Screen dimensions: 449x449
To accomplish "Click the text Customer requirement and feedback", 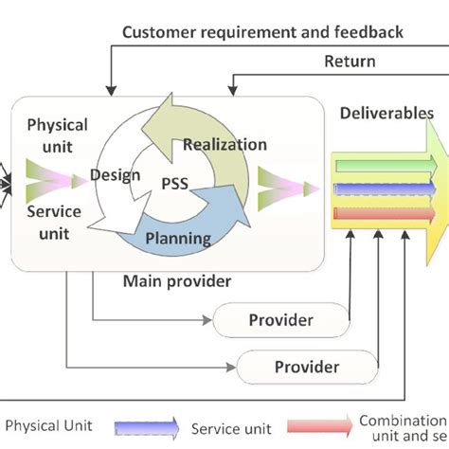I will click(x=263, y=32).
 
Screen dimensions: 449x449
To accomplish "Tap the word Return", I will click(x=350, y=62).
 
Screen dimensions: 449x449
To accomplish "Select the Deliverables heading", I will click(x=386, y=113).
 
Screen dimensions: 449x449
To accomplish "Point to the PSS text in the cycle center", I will click(x=171, y=185).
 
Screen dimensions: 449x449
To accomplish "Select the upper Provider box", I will click(x=280, y=319).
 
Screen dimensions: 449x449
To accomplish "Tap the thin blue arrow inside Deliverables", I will click(x=379, y=188).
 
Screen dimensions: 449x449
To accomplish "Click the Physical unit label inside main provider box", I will click(x=57, y=135).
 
